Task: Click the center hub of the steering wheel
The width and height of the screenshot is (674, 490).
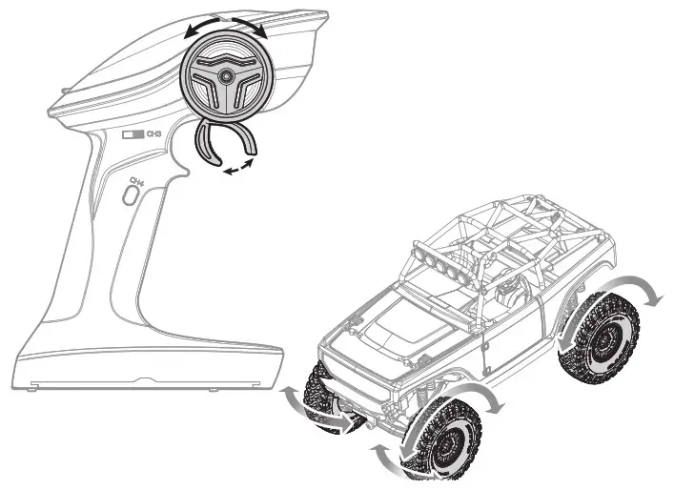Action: pyautogui.click(x=225, y=75)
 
